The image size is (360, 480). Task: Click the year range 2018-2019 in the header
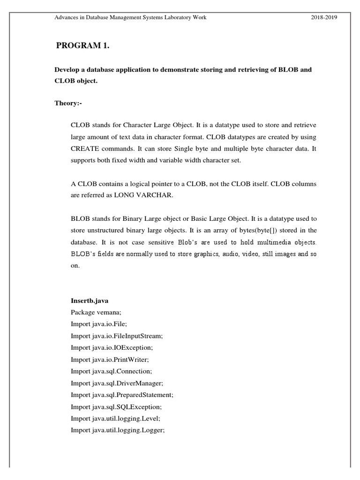323,17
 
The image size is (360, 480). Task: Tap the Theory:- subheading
68,103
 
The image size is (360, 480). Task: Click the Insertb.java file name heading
90,301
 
